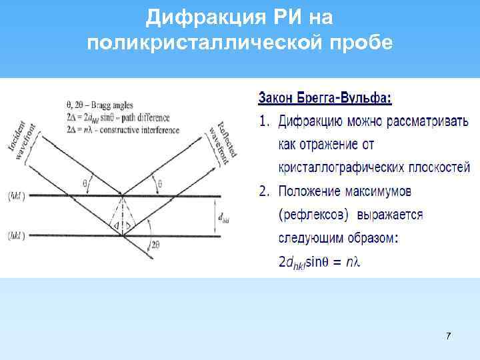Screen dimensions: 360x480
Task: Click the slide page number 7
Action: (448, 335)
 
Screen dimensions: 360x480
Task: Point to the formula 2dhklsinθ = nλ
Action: (319, 262)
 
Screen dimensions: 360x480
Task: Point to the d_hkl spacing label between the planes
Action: (226, 217)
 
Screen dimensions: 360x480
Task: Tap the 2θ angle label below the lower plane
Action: (155, 246)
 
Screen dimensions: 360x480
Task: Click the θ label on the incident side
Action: (85, 182)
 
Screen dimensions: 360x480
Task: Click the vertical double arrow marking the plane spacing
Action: (217, 216)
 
